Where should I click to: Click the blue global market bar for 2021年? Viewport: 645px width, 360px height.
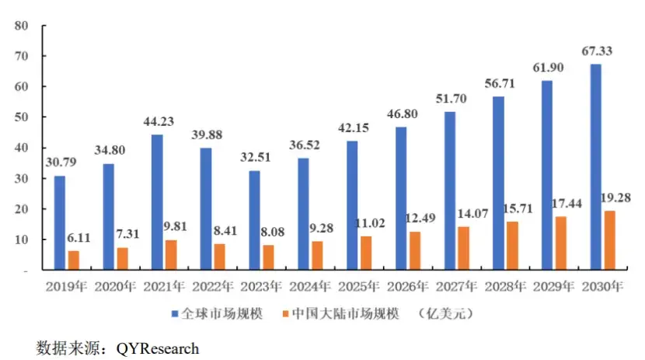(x=157, y=202)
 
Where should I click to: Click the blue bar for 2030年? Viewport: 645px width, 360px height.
(x=595, y=167)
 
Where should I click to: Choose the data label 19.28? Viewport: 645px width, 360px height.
(x=612, y=197)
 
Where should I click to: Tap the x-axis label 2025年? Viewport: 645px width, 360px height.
(x=358, y=286)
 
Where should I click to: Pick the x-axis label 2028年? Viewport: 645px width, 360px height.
(x=505, y=286)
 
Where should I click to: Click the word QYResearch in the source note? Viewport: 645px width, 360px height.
(x=158, y=348)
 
